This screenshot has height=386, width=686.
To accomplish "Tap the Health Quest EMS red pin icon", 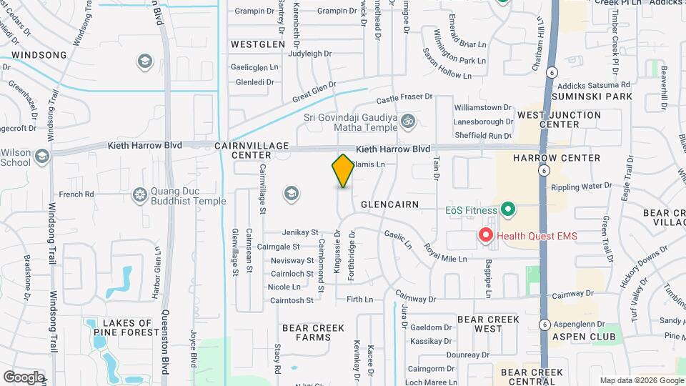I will click(487, 235).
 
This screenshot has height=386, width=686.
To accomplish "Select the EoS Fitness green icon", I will click(508, 210).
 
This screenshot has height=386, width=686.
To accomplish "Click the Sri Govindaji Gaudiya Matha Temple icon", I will click(408, 120).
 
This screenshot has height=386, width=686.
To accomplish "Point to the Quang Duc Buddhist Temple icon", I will click(139, 194).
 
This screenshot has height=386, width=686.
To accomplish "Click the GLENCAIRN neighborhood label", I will click(389, 204).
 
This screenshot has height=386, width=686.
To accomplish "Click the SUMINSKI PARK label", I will click(600, 96).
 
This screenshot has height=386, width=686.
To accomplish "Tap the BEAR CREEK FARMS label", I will click(313, 332).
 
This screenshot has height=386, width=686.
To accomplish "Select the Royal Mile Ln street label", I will click(445, 253).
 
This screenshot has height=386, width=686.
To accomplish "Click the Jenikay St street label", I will click(300, 232).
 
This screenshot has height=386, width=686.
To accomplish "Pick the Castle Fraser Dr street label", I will click(404, 96).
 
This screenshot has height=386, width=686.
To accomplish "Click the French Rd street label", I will click(76, 194).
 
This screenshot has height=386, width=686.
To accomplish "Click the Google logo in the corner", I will click(24, 377).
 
